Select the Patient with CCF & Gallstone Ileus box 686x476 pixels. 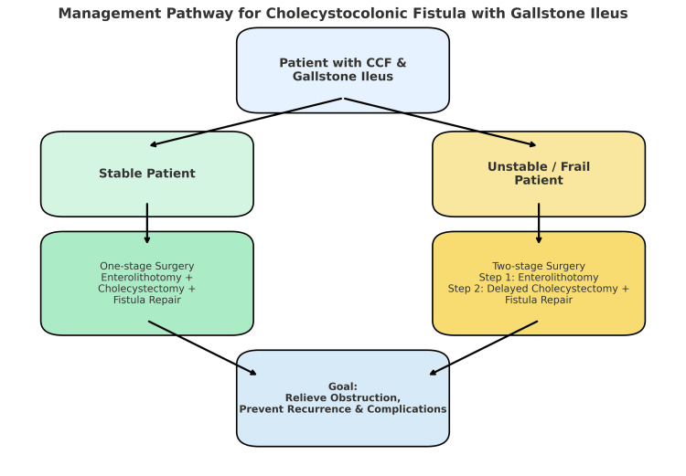tap(343, 70)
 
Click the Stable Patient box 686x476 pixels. tap(147, 174)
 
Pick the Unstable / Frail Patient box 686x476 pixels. tap(539, 174)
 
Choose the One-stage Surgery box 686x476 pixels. tap(147, 283)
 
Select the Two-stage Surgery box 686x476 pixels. tap(539, 283)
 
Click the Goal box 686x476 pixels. tap(343, 398)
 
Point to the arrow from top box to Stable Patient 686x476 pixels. tap(246, 122)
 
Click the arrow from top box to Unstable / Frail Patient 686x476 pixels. tap(440, 122)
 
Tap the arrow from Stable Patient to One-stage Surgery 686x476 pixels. tap(147, 223)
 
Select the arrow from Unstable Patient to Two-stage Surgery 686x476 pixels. tap(539, 223)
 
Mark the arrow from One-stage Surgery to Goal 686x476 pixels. tap(202, 348)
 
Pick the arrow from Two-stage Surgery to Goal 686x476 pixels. tap(484, 348)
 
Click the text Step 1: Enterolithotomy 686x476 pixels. tap(539, 278)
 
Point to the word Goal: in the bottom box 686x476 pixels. tap(343, 386)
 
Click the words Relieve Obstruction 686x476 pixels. tap(342, 397)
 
